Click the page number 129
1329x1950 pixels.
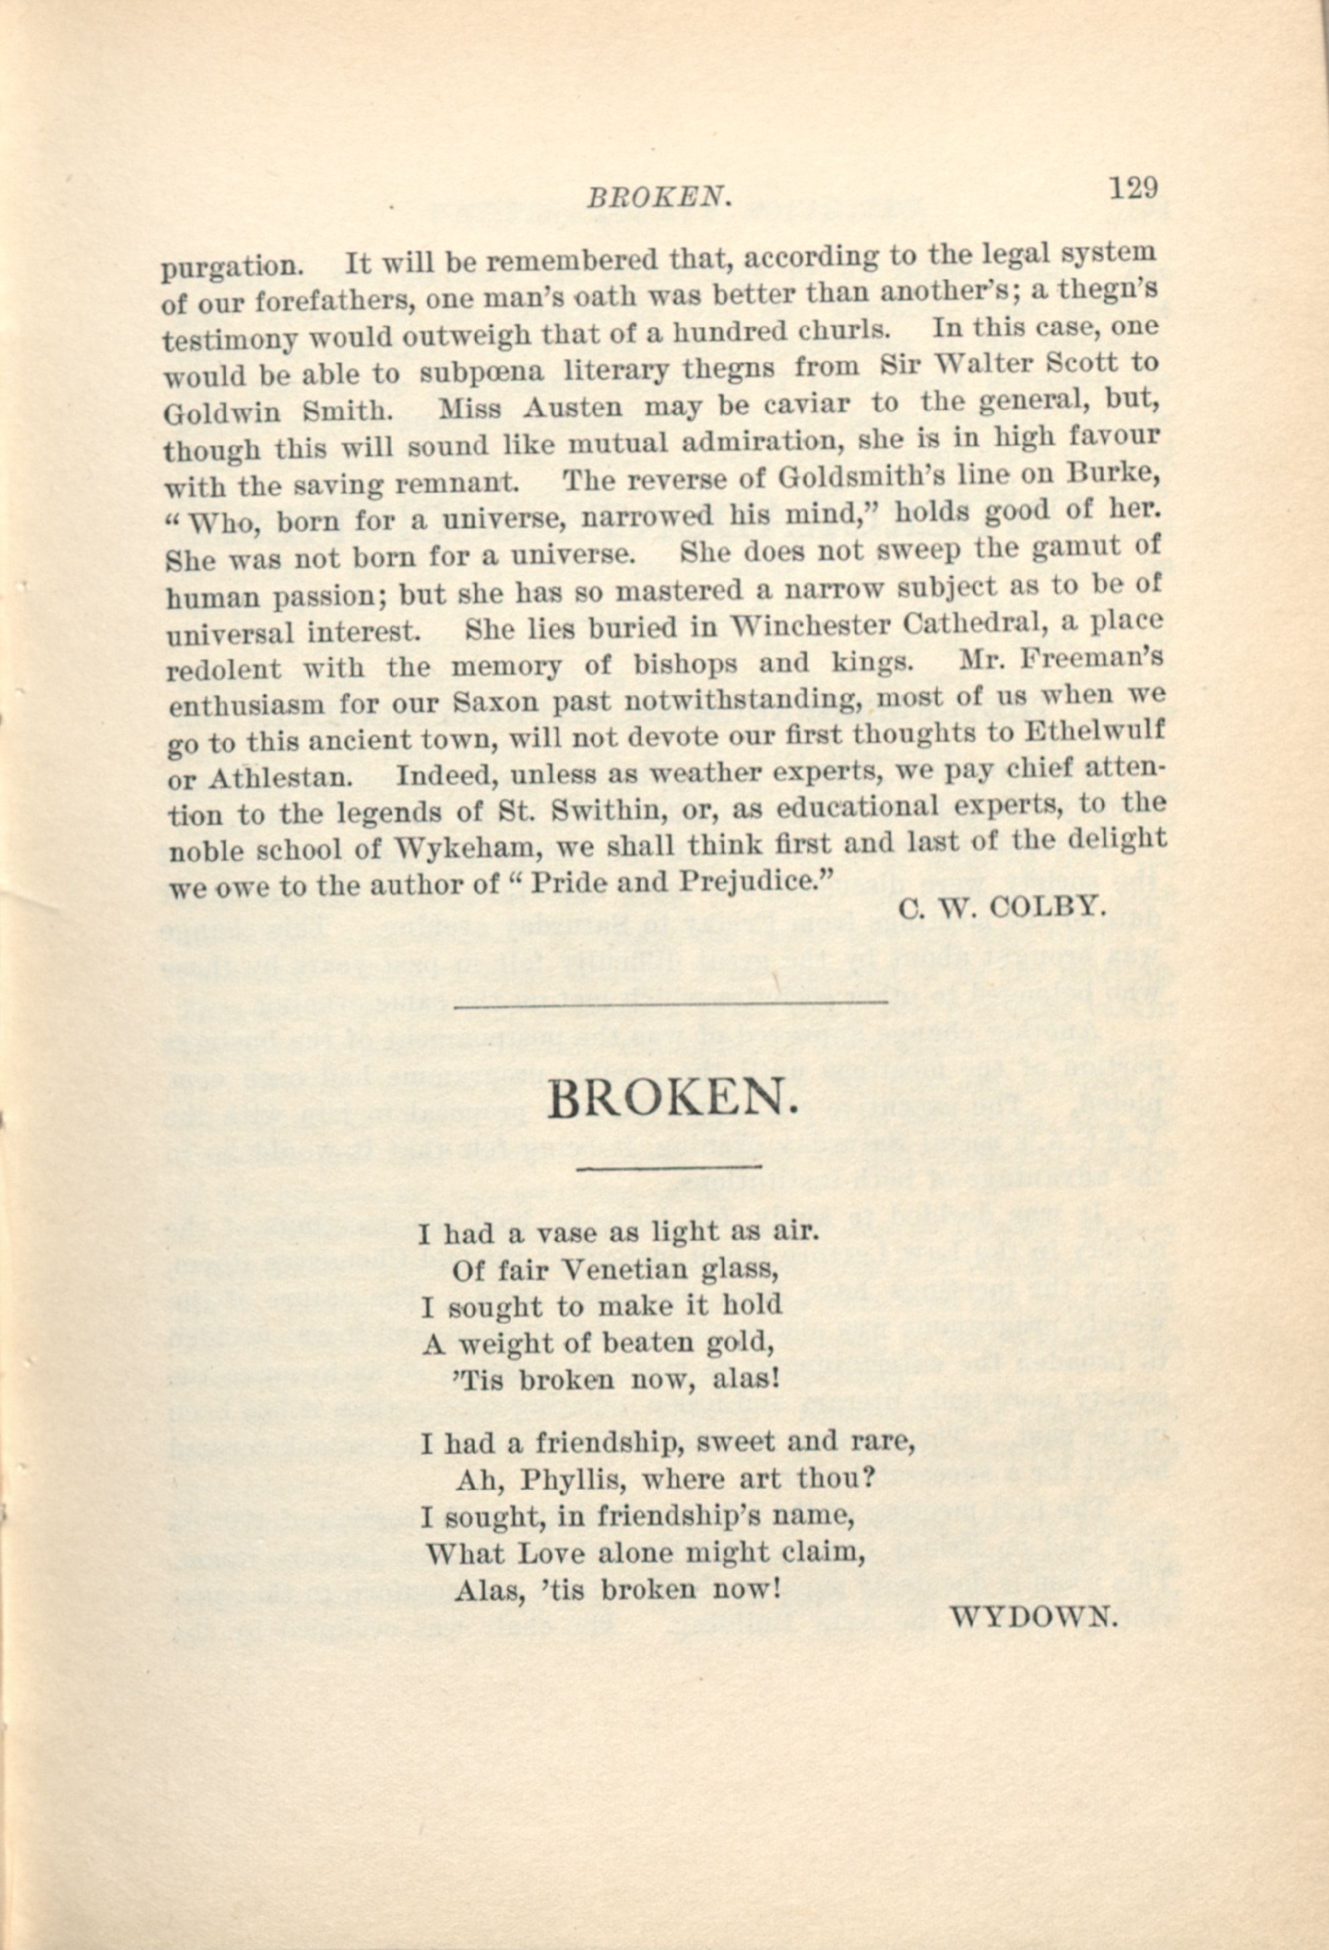[x=1133, y=186]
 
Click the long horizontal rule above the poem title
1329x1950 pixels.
[x=669, y=1001]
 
